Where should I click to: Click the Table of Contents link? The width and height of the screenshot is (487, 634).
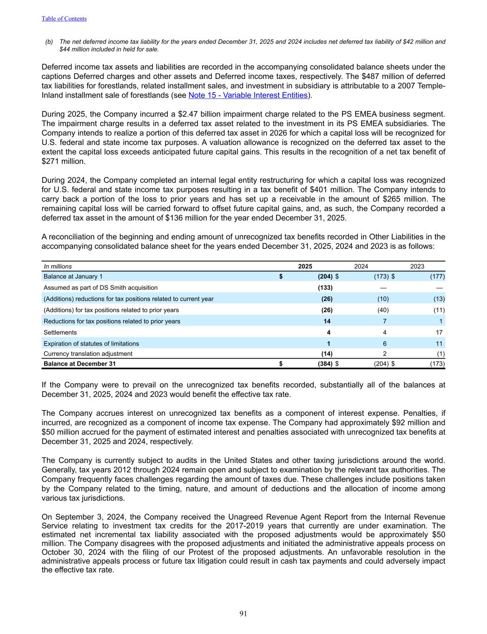click(x=64, y=19)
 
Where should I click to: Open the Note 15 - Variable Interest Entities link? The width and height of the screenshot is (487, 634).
click(x=248, y=95)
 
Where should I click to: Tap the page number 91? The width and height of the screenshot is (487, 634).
click(x=243, y=614)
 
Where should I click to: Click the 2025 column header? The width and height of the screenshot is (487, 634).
click(x=305, y=267)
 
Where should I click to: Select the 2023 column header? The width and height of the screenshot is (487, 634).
click(x=417, y=267)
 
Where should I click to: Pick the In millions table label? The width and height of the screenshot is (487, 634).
click(x=58, y=267)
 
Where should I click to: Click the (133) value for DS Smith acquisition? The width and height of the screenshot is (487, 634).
click(x=325, y=288)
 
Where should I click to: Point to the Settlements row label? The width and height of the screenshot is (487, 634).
click(x=60, y=333)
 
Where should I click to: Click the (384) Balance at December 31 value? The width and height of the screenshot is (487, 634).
click(x=325, y=364)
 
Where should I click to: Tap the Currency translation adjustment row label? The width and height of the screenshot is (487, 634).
click(x=88, y=354)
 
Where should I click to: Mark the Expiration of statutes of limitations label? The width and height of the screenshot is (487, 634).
click(x=91, y=344)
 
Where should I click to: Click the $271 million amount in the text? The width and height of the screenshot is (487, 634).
click(x=57, y=162)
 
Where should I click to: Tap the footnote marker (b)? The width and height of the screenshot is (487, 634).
click(x=49, y=42)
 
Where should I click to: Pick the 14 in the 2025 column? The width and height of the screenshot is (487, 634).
click(x=327, y=321)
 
